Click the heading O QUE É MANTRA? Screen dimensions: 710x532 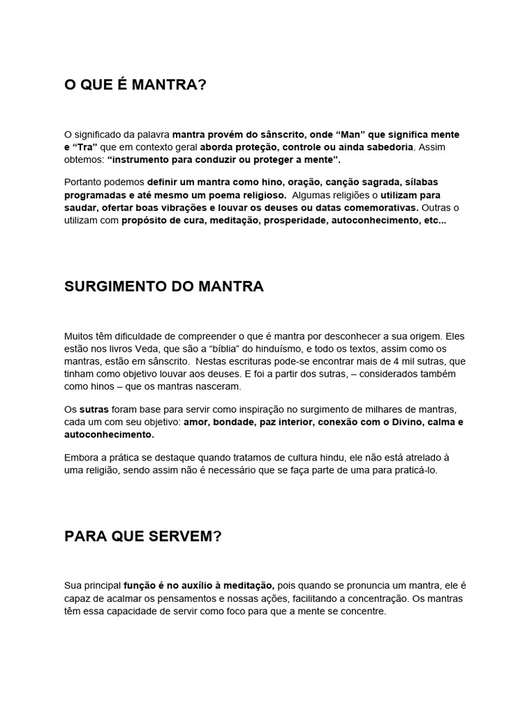[135, 85]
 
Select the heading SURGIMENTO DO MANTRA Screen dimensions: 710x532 [163, 287]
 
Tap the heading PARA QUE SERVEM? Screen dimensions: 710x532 [143, 537]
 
